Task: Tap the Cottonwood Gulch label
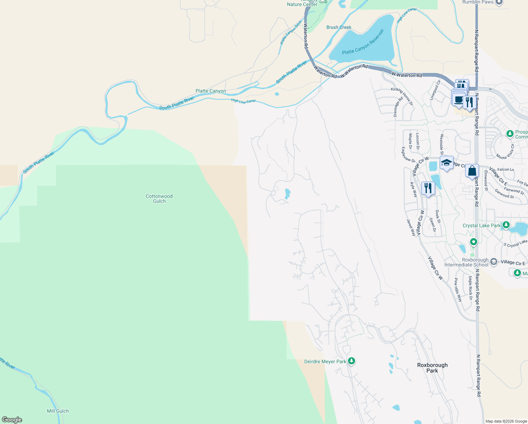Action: coord(159,199)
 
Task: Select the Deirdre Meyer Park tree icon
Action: coord(351,361)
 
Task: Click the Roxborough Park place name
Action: coord(432,368)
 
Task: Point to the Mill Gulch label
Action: coord(58,411)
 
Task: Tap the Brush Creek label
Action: coord(339,27)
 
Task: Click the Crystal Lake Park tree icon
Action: coord(506,225)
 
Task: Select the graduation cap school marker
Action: coord(446,163)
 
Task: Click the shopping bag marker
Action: coord(472,171)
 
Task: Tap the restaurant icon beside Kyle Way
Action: coord(428,188)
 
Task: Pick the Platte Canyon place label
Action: coord(211,91)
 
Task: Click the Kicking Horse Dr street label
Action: coord(402,96)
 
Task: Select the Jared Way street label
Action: coord(411,228)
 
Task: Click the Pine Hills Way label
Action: coord(458,290)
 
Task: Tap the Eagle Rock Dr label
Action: coord(470,288)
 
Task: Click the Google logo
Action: coord(12,420)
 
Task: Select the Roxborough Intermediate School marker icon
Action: coord(494,261)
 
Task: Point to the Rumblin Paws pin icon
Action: coord(499,2)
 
